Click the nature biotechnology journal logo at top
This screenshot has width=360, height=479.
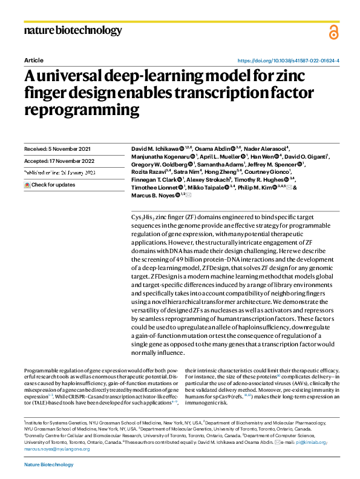tap(73, 30)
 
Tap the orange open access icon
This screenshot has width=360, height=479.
tap(333, 33)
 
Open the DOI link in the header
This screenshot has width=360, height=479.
tap(288, 61)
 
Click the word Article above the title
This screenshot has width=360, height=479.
tap(34, 61)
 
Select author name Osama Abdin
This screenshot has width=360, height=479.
tap(215, 148)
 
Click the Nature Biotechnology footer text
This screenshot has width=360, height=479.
tap(48, 464)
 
